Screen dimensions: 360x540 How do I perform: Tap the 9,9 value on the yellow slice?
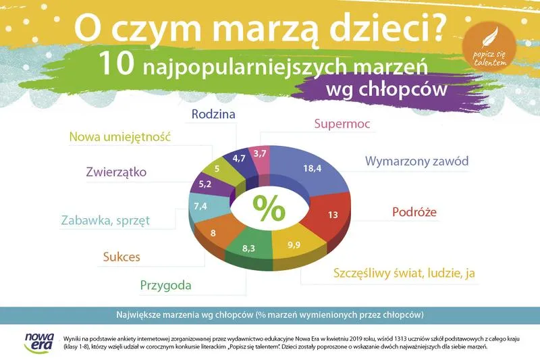[294, 245]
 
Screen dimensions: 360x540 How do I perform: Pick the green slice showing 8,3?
[248, 249]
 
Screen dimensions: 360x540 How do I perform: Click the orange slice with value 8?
[213, 234]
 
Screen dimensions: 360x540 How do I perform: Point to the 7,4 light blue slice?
[200, 205]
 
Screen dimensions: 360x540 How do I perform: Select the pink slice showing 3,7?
[259, 155]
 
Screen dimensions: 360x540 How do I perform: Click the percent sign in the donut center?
[269, 208]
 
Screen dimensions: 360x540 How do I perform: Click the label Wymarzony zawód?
[416, 161]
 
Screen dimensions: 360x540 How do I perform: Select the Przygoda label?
[165, 284]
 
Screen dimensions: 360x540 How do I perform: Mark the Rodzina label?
[213, 114]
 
